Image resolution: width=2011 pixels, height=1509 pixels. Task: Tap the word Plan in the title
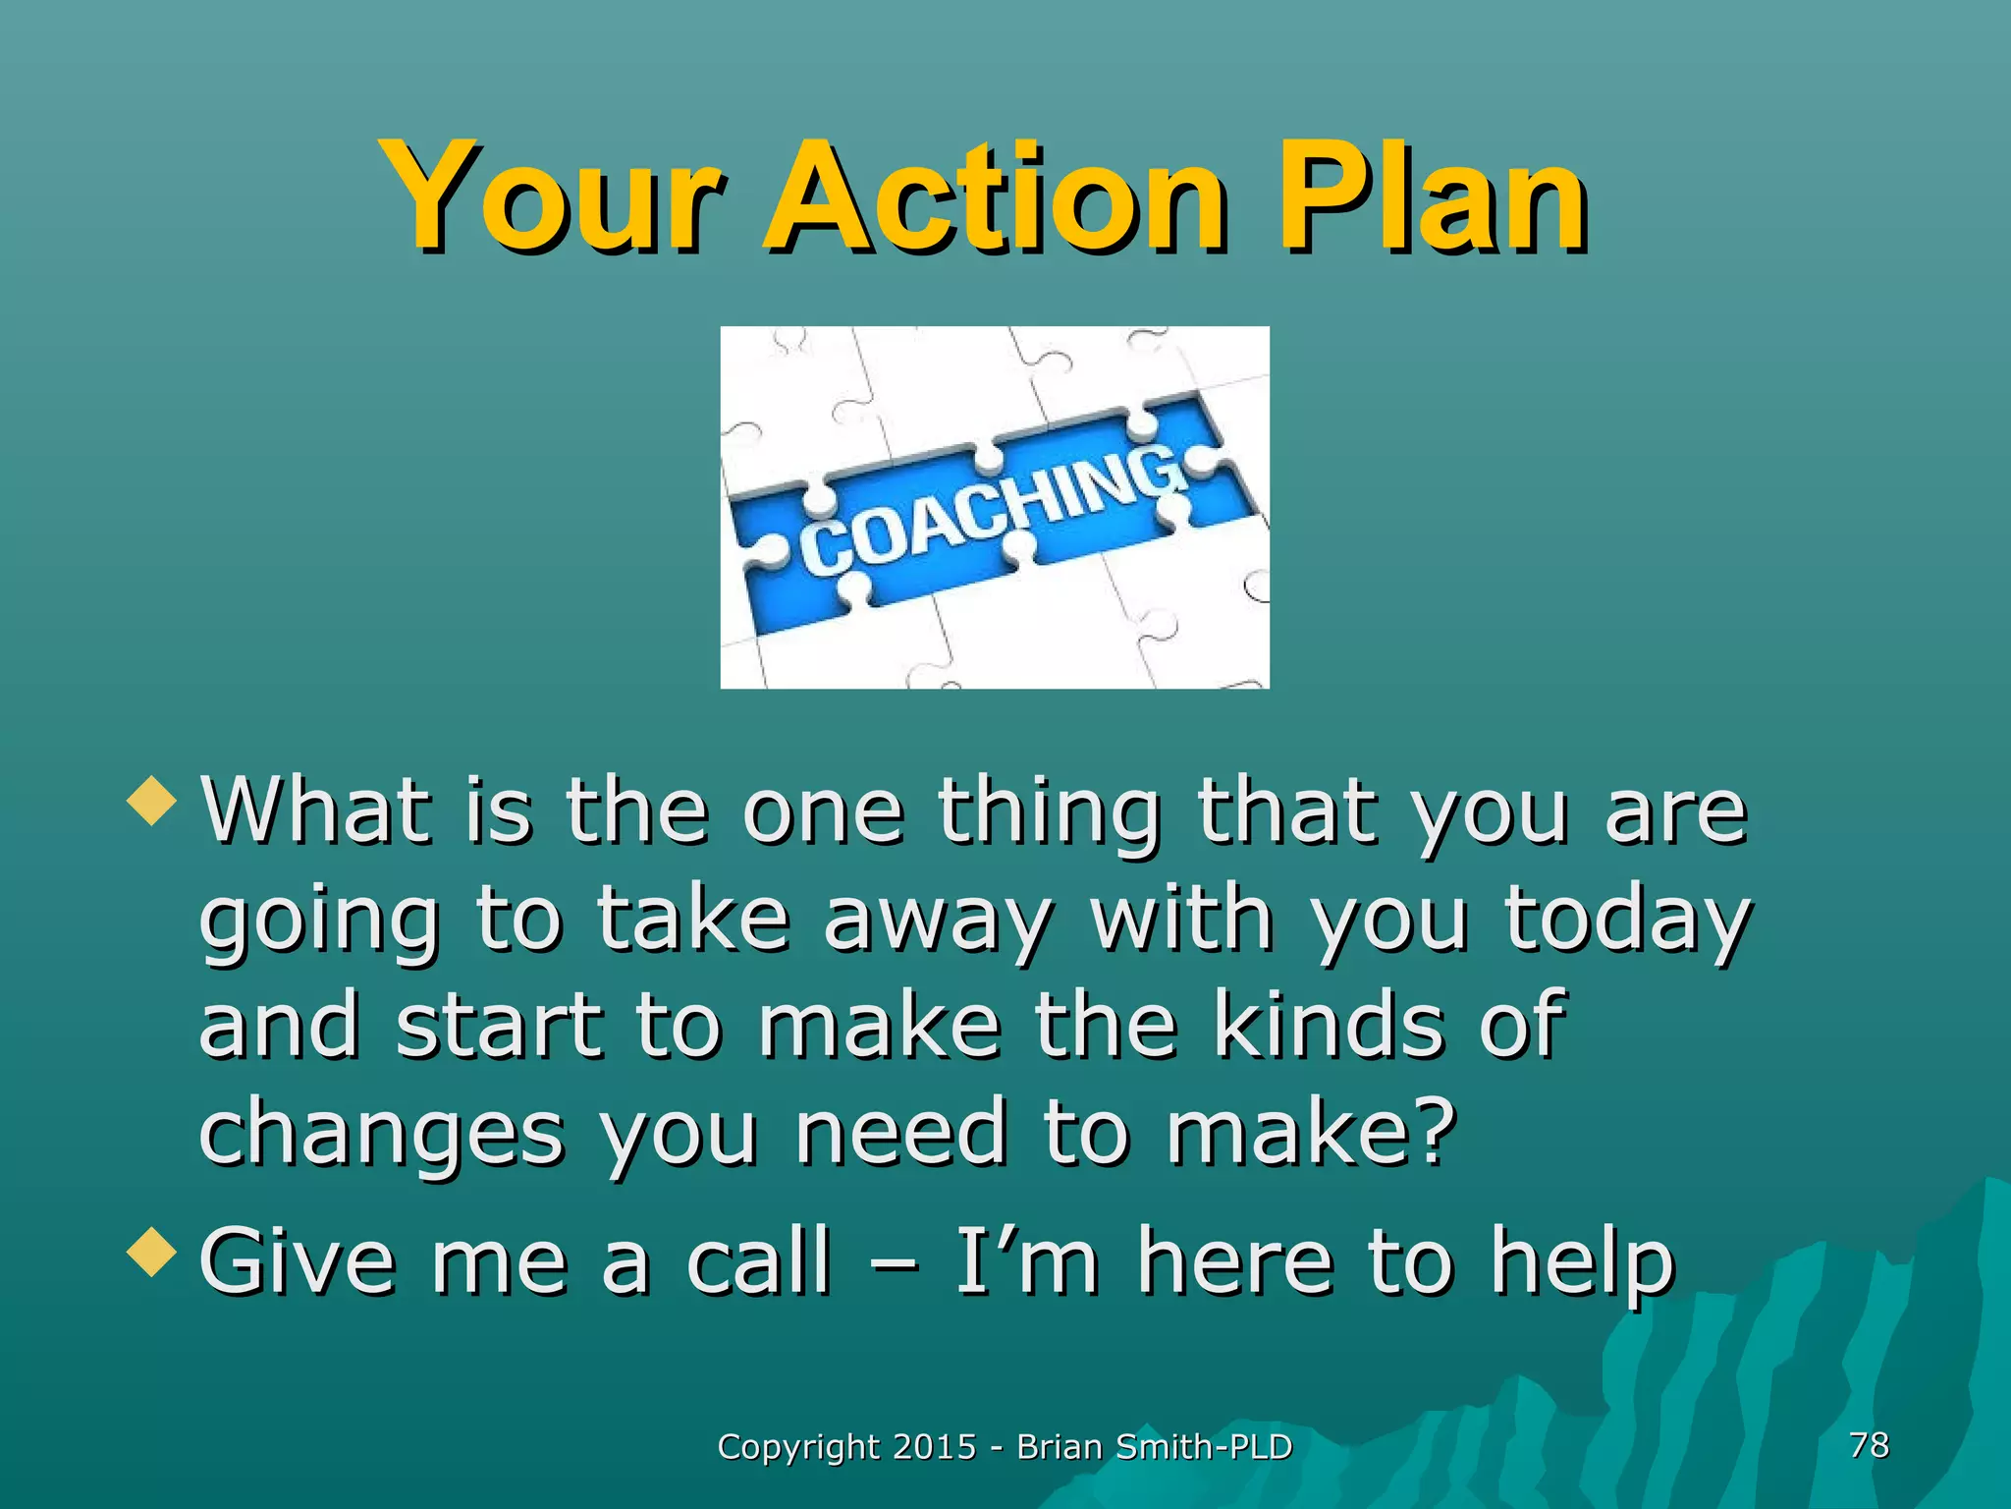(1431, 196)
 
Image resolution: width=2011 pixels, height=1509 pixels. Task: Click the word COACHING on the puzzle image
(992, 511)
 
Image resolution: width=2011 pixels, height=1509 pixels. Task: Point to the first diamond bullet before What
(152, 801)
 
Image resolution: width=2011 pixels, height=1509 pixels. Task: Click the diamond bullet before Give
(152, 1253)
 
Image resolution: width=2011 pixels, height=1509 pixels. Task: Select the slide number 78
(1868, 1445)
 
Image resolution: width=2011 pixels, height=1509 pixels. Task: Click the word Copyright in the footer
(798, 1447)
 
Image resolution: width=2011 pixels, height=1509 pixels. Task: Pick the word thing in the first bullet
(1050, 813)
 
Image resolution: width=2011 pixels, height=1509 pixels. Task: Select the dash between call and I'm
(894, 1267)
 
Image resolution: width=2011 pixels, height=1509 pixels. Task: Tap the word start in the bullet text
(499, 1027)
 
